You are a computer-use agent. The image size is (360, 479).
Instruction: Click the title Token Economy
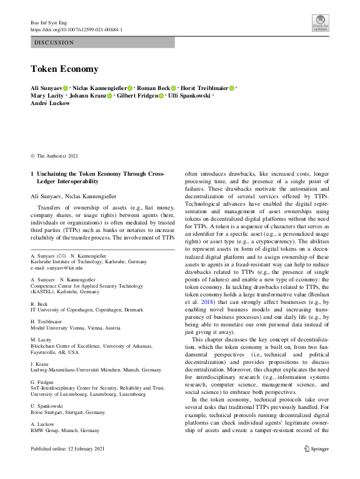tap(65, 69)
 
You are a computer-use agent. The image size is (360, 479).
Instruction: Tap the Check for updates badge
tap(320, 24)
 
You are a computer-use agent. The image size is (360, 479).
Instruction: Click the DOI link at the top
tap(76, 29)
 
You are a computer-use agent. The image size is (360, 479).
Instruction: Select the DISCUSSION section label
tap(54, 43)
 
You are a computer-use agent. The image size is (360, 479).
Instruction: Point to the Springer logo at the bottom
tap(316, 466)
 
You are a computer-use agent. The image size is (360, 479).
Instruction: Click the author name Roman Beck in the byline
tap(153, 89)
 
